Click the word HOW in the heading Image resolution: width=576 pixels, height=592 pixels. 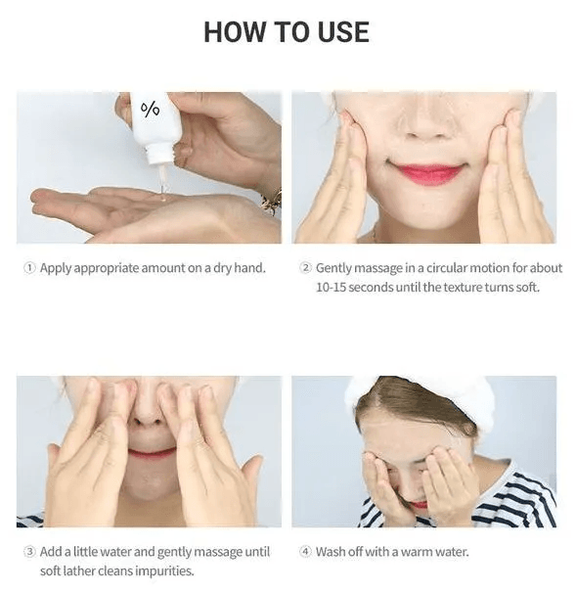pyautogui.click(x=235, y=32)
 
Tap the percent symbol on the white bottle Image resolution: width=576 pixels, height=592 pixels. pyautogui.click(x=151, y=110)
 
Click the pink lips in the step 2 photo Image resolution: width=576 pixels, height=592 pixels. pyautogui.click(x=425, y=174)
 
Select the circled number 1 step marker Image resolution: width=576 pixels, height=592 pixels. pyautogui.click(x=29, y=268)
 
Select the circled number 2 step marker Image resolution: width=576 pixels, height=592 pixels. pyautogui.click(x=305, y=268)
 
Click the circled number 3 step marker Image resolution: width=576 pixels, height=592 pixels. pyautogui.click(x=29, y=552)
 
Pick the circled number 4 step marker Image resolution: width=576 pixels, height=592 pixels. pyautogui.click(x=305, y=552)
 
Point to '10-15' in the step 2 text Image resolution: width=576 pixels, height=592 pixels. pyautogui.click(x=331, y=288)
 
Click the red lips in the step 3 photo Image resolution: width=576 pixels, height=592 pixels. pyautogui.click(x=152, y=452)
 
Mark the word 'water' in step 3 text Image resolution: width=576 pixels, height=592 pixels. pyautogui.click(x=113, y=552)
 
